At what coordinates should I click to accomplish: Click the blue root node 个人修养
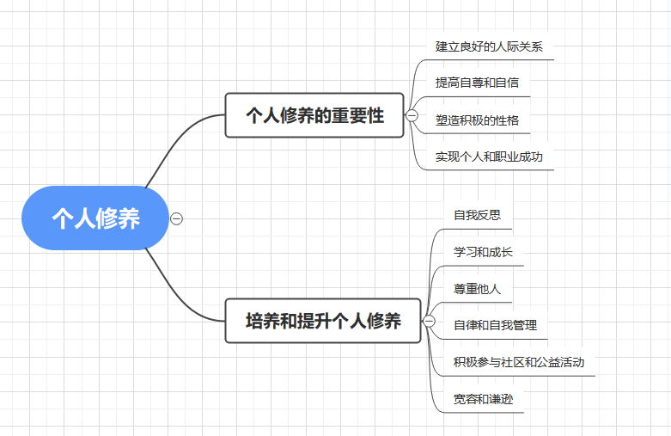[95, 218]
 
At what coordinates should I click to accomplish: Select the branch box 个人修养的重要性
[314, 115]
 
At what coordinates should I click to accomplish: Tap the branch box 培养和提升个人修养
[323, 322]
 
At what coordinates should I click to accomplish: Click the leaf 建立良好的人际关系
[489, 46]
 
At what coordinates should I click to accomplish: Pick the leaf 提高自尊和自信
[477, 83]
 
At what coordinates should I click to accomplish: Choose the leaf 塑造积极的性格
[477, 120]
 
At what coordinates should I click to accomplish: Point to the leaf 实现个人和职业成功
[489, 157]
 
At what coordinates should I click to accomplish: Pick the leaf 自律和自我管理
[495, 325]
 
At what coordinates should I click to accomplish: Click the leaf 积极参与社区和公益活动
[519, 362]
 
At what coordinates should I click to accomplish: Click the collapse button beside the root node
[177, 218]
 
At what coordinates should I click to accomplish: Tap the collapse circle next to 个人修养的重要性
[412, 115]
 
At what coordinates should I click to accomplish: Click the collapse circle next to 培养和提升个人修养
[430, 322]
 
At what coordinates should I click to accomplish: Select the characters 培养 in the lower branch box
[265, 322]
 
